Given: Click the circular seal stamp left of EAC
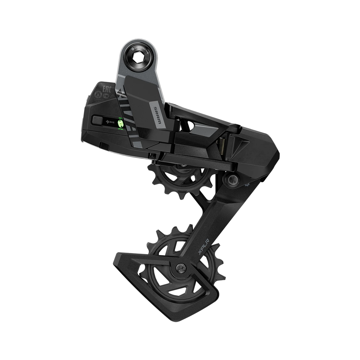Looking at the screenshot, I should click(97, 93).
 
